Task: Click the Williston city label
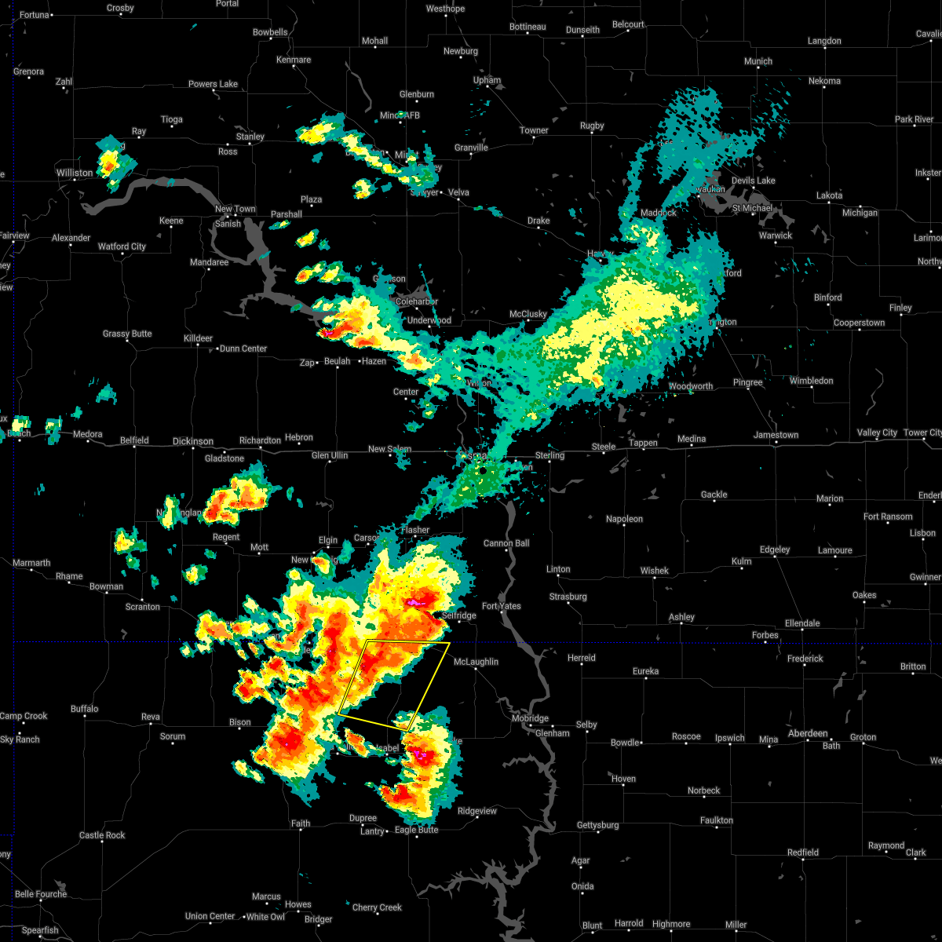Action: [x=74, y=173]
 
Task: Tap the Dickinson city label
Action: [x=192, y=442]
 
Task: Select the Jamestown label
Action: [x=776, y=435]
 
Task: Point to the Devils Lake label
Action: [x=753, y=181]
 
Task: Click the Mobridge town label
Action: [x=530, y=718]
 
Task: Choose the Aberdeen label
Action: [x=808, y=733]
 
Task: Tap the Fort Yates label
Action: [x=501, y=606]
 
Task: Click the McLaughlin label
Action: [x=476, y=662]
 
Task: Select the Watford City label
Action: [x=122, y=246]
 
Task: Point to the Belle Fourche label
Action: [x=41, y=894]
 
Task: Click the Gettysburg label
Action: [x=598, y=825]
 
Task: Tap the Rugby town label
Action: [x=592, y=126]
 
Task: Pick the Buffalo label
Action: [x=85, y=709]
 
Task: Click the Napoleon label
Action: [x=624, y=519]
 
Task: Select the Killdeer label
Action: [x=198, y=338]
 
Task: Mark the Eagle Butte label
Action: [x=416, y=830]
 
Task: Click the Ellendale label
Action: [x=802, y=623]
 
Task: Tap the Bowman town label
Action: [x=106, y=586]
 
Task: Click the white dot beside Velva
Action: [x=441, y=192]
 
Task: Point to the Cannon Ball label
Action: [x=506, y=543]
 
